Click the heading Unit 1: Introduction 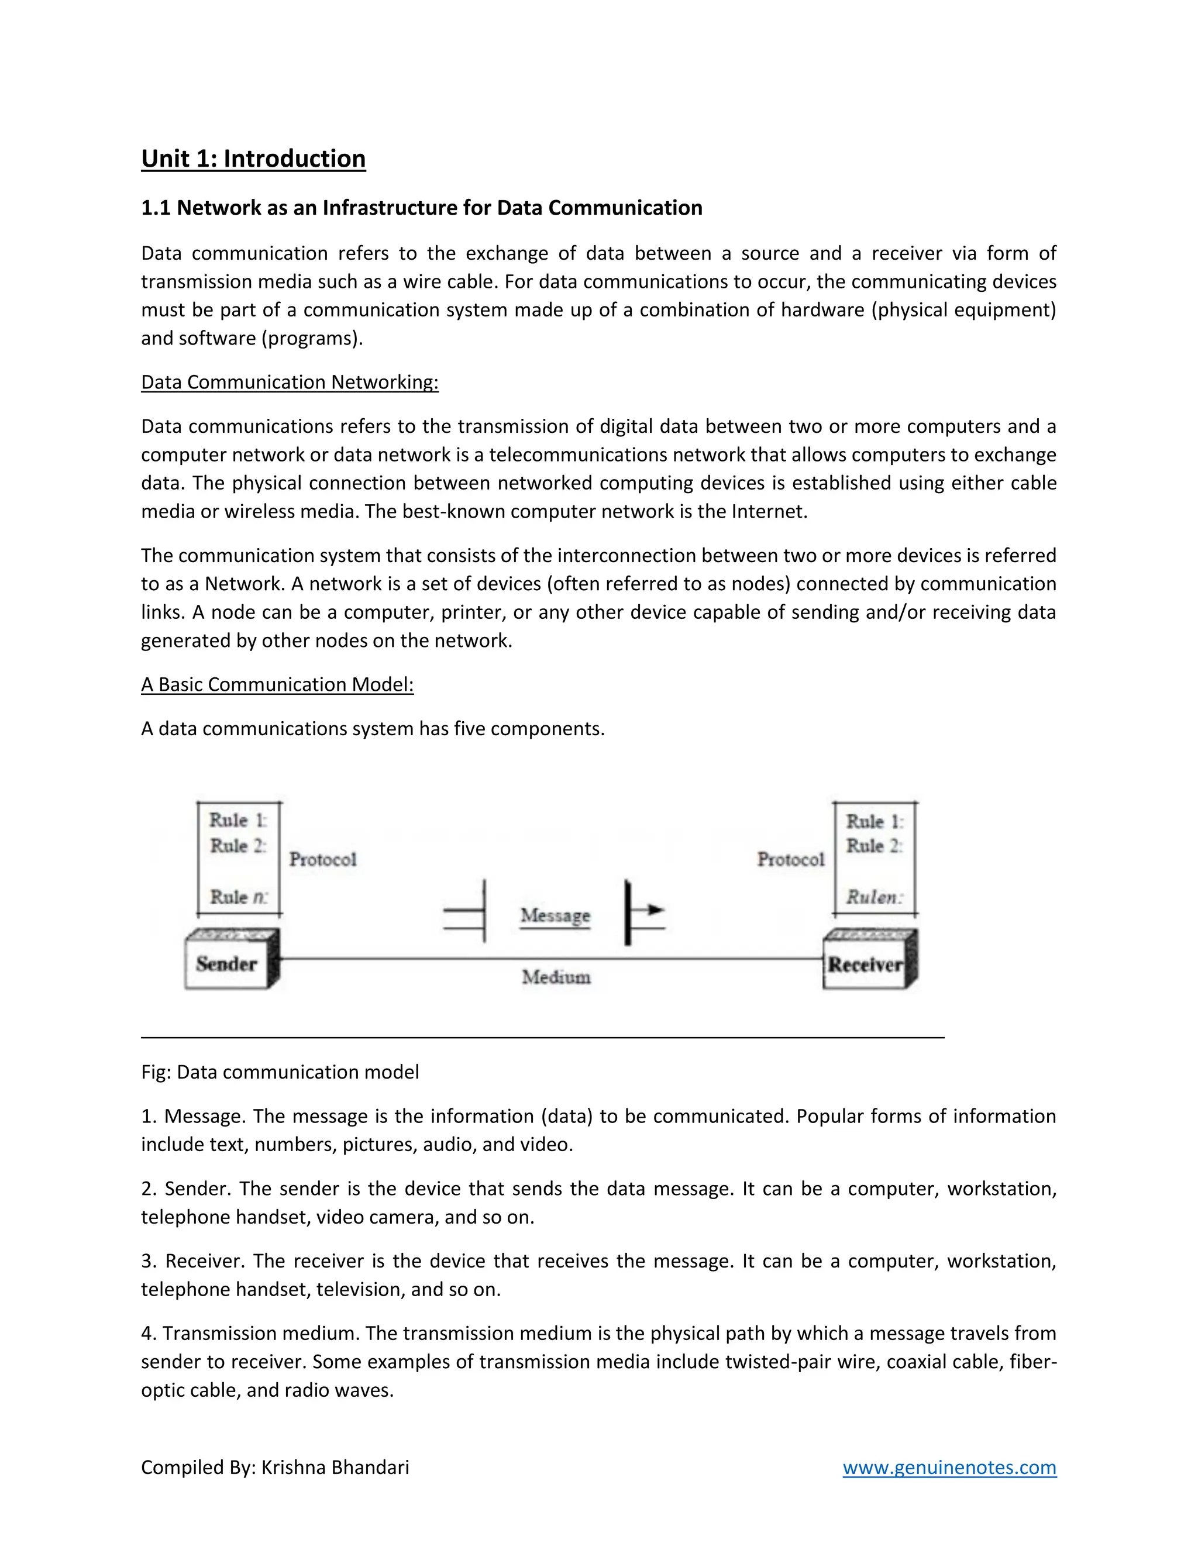[x=253, y=159]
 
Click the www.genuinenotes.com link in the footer [x=949, y=1467]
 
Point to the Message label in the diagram [x=555, y=915]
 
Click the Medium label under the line [x=556, y=977]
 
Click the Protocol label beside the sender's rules [x=323, y=859]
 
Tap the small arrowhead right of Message [x=656, y=909]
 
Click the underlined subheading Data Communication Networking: [x=290, y=382]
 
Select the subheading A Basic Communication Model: [x=277, y=684]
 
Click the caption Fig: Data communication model [x=280, y=1072]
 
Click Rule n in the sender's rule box [x=237, y=897]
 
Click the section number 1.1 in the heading [x=156, y=208]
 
